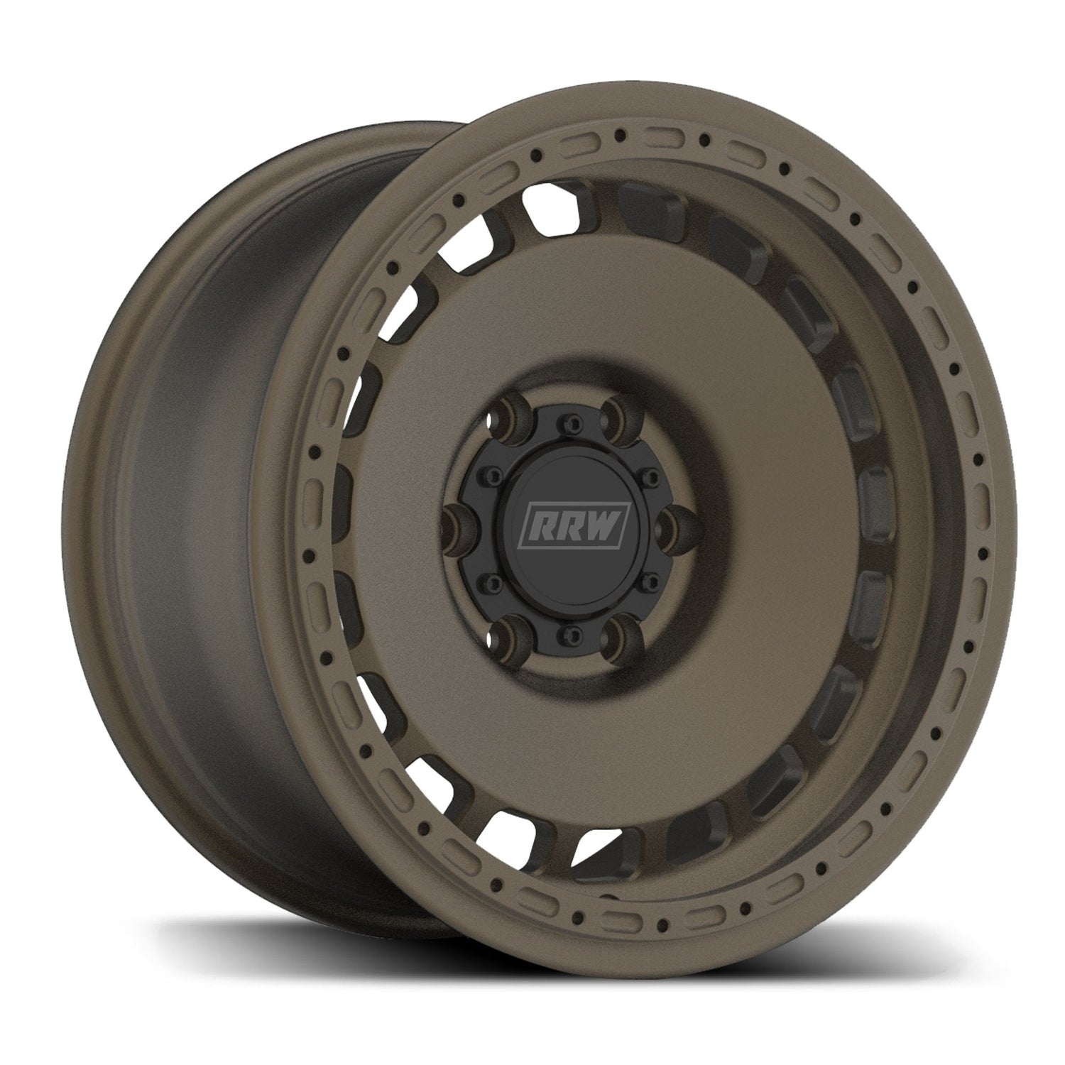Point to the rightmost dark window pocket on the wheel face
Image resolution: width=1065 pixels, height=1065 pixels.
click(x=872, y=497)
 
